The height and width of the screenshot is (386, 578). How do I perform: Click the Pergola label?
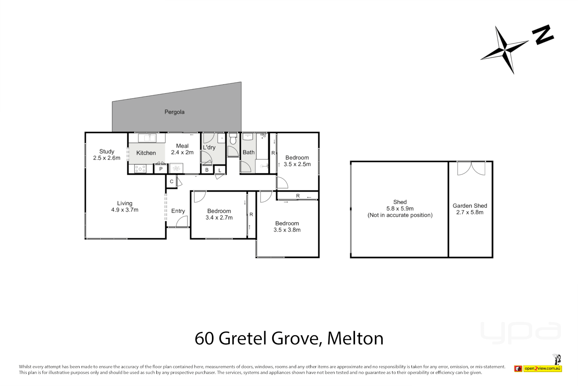click(x=174, y=112)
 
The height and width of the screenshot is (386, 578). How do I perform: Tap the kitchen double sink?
click(x=147, y=138)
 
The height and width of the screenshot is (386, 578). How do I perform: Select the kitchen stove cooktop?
click(x=140, y=169)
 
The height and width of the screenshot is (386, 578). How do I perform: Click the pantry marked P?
click(x=161, y=169)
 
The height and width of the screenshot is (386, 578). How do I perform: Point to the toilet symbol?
click(x=233, y=139)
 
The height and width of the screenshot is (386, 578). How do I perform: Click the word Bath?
click(x=249, y=152)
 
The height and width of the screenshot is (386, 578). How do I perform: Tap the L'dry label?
click(x=209, y=147)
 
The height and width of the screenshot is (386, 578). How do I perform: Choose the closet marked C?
click(x=172, y=182)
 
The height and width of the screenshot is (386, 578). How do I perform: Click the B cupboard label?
click(x=207, y=170)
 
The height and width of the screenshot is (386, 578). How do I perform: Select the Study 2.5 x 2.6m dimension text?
click(x=107, y=158)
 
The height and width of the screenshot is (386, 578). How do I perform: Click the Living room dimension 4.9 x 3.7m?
click(x=125, y=210)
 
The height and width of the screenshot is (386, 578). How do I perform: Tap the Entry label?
click(x=178, y=211)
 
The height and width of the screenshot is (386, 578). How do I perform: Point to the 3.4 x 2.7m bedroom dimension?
click(x=219, y=218)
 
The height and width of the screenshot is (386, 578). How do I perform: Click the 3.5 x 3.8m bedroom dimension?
click(x=287, y=230)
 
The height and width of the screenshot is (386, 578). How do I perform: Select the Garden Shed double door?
click(x=471, y=168)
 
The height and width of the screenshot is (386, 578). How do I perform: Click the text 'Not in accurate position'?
click(x=400, y=215)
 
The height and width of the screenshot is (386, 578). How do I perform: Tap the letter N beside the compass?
click(x=543, y=35)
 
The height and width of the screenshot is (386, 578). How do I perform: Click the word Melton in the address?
click(x=355, y=338)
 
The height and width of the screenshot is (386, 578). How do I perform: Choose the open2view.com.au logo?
click(x=542, y=368)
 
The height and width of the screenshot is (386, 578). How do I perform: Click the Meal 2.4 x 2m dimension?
click(x=182, y=152)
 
